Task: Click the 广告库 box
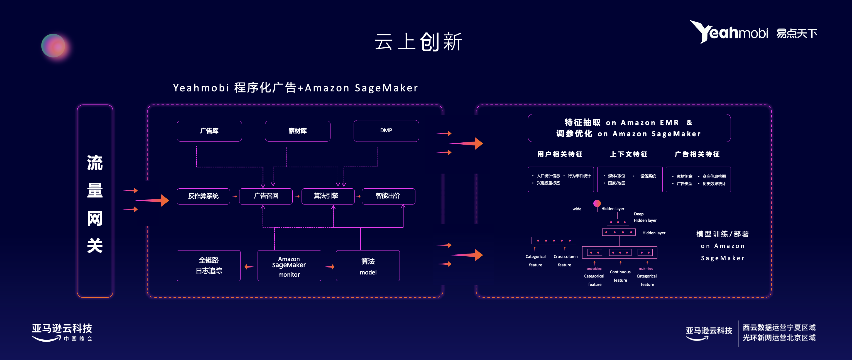[209, 131]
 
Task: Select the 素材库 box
[297, 131]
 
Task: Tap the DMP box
[386, 131]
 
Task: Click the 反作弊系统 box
[203, 196]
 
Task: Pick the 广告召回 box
[266, 196]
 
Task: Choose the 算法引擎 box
[328, 196]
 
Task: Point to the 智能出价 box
[388, 196]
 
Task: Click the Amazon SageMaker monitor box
[289, 266]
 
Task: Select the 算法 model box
[368, 266]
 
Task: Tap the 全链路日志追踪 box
[209, 266]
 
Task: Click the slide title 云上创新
[418, 42]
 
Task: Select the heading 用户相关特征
[560, 154]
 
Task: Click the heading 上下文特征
[629, 154]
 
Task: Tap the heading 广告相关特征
[697, 154]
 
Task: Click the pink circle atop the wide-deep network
[597, 203]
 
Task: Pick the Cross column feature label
[565, 261]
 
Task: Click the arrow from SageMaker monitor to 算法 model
[329, 267]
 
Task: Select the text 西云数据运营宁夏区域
[779, 328]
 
